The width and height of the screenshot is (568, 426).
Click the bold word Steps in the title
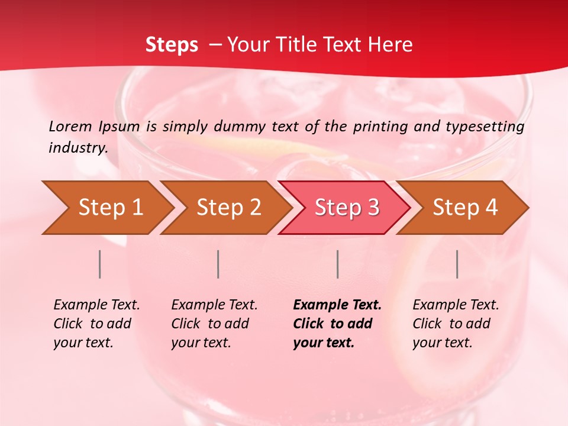click(172, 45)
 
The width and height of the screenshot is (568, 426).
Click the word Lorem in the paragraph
click(70, 126)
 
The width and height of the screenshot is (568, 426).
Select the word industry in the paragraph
click(78, 148)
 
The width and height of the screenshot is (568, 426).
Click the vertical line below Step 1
click(100, 264)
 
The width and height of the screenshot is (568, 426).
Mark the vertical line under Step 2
click(218, 264)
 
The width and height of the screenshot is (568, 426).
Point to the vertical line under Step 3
click(337, 264)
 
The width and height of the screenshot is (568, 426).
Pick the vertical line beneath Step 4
click(457, 264)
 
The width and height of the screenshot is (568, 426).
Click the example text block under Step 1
click(96, 324)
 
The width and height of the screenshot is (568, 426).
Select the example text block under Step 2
click(214, 324)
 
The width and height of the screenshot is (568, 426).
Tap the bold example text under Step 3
click(337, 324)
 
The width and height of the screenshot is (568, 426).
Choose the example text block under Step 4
click(456, 324)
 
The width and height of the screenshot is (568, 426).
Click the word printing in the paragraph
click(376, 127)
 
